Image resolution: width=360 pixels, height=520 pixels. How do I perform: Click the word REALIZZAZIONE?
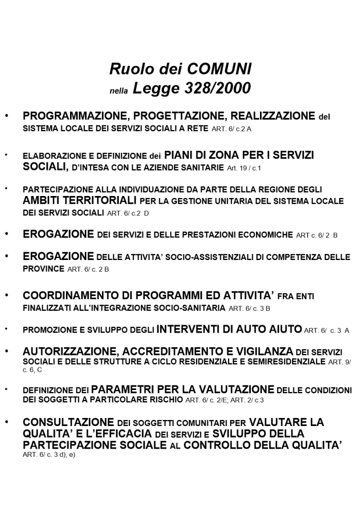tap(273, 116)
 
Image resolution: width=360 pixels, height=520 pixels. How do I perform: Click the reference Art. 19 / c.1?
tap(246, 168)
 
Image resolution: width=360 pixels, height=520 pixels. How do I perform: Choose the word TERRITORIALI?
tap(101, 201)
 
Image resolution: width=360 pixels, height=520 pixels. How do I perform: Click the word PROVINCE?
tap(44, 269)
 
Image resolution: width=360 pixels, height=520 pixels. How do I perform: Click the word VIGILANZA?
tap(265, 351)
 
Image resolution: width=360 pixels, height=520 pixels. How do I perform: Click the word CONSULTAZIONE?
tap(69, 422)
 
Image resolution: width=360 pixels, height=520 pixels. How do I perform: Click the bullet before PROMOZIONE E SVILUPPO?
tap(7, 329)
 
